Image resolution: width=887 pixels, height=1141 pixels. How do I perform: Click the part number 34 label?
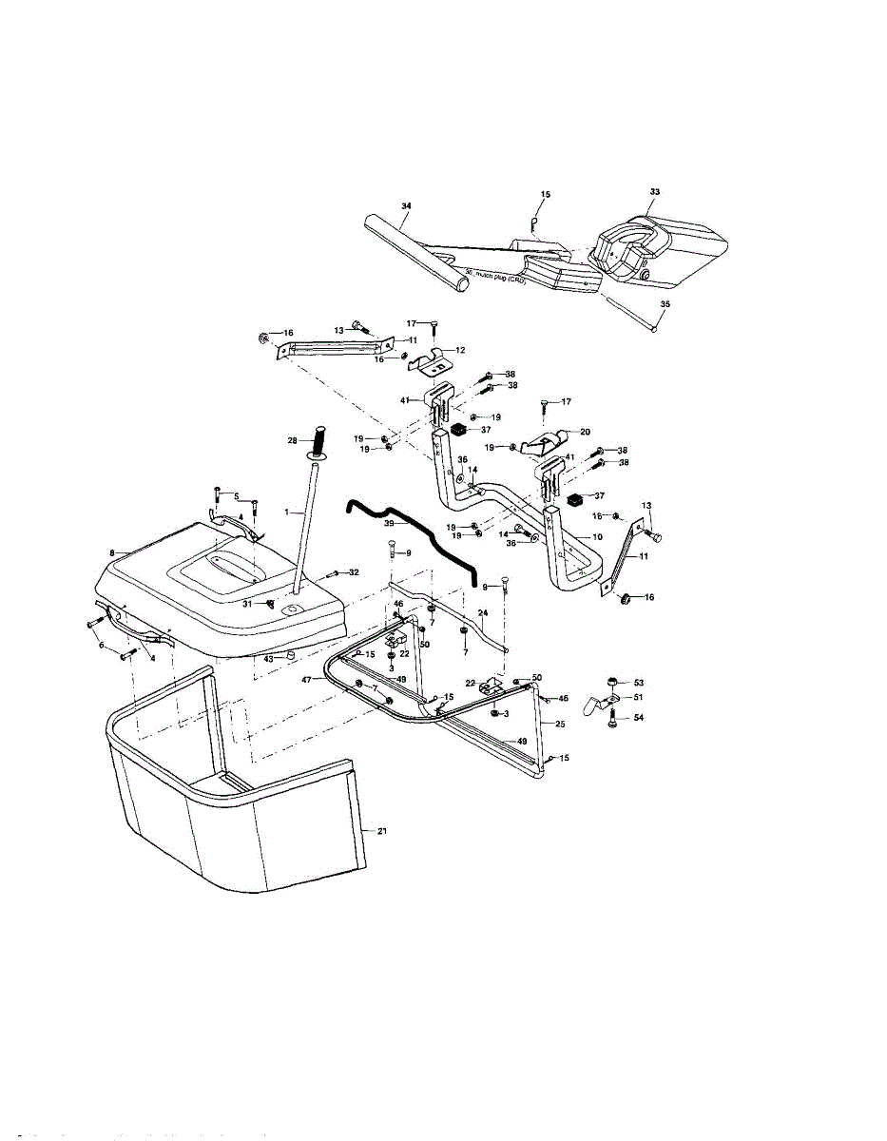[406, 205]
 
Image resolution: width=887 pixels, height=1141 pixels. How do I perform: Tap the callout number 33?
[654, 192]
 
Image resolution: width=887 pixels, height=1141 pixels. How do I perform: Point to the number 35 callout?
[665, 305]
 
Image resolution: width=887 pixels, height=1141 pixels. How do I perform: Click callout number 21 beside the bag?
[382, 831]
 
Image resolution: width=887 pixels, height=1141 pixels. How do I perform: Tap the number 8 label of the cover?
[112, 551]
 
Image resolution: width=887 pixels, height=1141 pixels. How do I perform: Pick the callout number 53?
[639, 683]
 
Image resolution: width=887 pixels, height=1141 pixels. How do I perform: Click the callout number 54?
[639, 718]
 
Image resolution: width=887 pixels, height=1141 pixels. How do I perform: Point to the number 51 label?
[639, 698]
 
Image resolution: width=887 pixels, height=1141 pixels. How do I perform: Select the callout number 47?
[307, 680]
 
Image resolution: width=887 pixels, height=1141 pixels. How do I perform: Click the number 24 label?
[482, 614]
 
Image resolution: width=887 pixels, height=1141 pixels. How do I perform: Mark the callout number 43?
[268, 658]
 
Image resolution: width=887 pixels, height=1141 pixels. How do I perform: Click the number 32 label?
[354, 572]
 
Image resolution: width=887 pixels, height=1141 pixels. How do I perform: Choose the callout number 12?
[460, 350]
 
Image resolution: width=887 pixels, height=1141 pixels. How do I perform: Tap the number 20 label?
[585, 431]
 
